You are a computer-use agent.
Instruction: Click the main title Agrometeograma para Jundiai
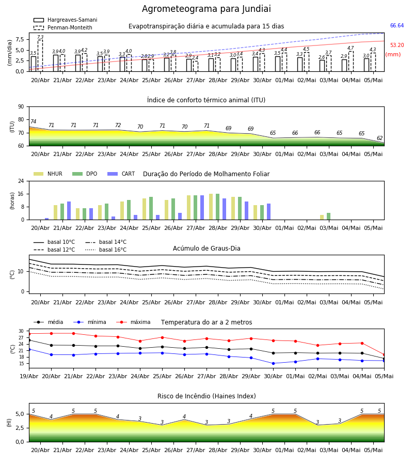tap(206, 9)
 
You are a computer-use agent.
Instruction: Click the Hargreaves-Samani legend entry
tap(66, 20)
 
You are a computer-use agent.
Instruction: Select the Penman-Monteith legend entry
tap(63, 27)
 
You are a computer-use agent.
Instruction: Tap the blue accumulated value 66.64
tap(397, 25)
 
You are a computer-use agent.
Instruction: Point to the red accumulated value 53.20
tap(397, 45)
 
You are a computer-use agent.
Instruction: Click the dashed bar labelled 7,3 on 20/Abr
tap(40, 55)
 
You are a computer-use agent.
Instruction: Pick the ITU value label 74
tap(33, 121)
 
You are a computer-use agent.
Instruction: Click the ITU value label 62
tap(379, 138)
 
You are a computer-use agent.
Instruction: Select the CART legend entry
tap(121, 174)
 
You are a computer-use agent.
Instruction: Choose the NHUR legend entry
tap(48, 174)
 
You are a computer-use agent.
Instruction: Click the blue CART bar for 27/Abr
tap(202, 208)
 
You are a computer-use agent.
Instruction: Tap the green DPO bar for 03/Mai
tap(328, 216)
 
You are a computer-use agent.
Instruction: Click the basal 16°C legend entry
tap(106, 250)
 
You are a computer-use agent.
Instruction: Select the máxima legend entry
tap(133, 322)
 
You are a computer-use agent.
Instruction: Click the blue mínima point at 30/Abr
tap(273, 363)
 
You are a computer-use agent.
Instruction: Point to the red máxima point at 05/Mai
tap(384, 354)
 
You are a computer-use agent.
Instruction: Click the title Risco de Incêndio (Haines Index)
tap(206, 396)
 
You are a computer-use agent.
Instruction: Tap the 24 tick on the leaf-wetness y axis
tap(21, 181)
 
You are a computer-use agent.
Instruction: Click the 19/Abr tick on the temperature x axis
tap(29, 376)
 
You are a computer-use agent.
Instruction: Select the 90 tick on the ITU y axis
tap(21, 107)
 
